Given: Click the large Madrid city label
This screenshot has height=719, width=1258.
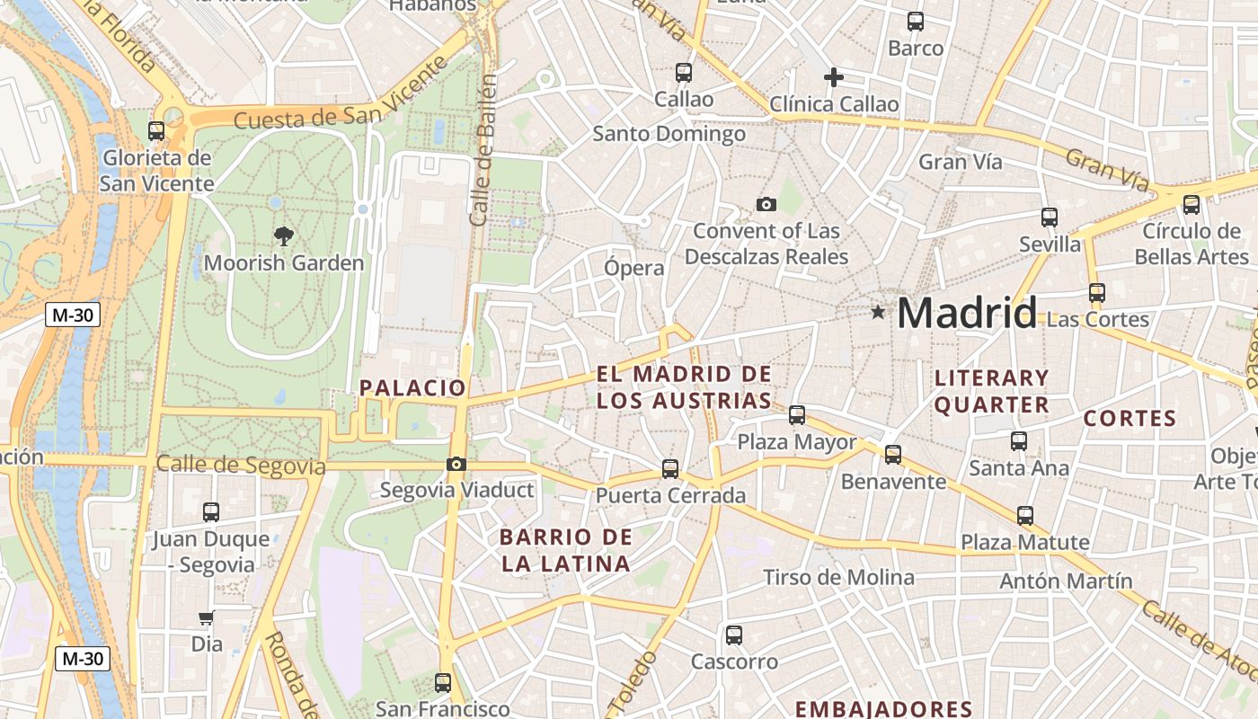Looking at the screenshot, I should (x=967, y=313).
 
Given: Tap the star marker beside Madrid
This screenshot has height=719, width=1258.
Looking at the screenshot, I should (x=878, y=312).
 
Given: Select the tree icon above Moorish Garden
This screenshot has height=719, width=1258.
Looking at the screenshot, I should (x=284, y=236).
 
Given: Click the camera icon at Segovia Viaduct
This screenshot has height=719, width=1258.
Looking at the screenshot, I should (x=456, y=464).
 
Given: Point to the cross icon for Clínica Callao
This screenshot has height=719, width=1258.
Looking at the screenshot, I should (x=834, y=77).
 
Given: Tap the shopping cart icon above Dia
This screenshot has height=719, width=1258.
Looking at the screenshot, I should (x=207, y=617).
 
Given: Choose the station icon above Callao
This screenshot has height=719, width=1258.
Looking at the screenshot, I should (x=684, y=72).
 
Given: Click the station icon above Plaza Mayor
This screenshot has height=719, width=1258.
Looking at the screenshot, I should (x=797, y=414).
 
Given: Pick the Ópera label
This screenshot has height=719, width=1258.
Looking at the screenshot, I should (x=634, y=268).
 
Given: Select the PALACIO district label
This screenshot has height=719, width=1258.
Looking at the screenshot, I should (x=413, y=388).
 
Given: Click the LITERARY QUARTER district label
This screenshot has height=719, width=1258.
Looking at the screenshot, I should (x=991, y=391).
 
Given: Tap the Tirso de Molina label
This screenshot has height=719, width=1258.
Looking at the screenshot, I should (x=838, y=577).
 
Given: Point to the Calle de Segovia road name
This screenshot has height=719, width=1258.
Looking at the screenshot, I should (x=240, y=465).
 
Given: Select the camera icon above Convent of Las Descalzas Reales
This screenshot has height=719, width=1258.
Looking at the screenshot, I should (x=766, y=204).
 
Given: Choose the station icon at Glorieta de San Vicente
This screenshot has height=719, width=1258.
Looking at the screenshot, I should (x=156, y=130).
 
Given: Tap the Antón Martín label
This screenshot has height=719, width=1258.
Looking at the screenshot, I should (x=1067, y=581).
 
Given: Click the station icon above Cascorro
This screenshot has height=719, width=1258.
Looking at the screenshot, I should (x=734, y=635).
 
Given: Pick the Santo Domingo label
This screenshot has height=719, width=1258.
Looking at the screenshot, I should (x=669, y=134).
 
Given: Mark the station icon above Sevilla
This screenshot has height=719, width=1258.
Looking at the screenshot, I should (x=1050, y=217).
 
